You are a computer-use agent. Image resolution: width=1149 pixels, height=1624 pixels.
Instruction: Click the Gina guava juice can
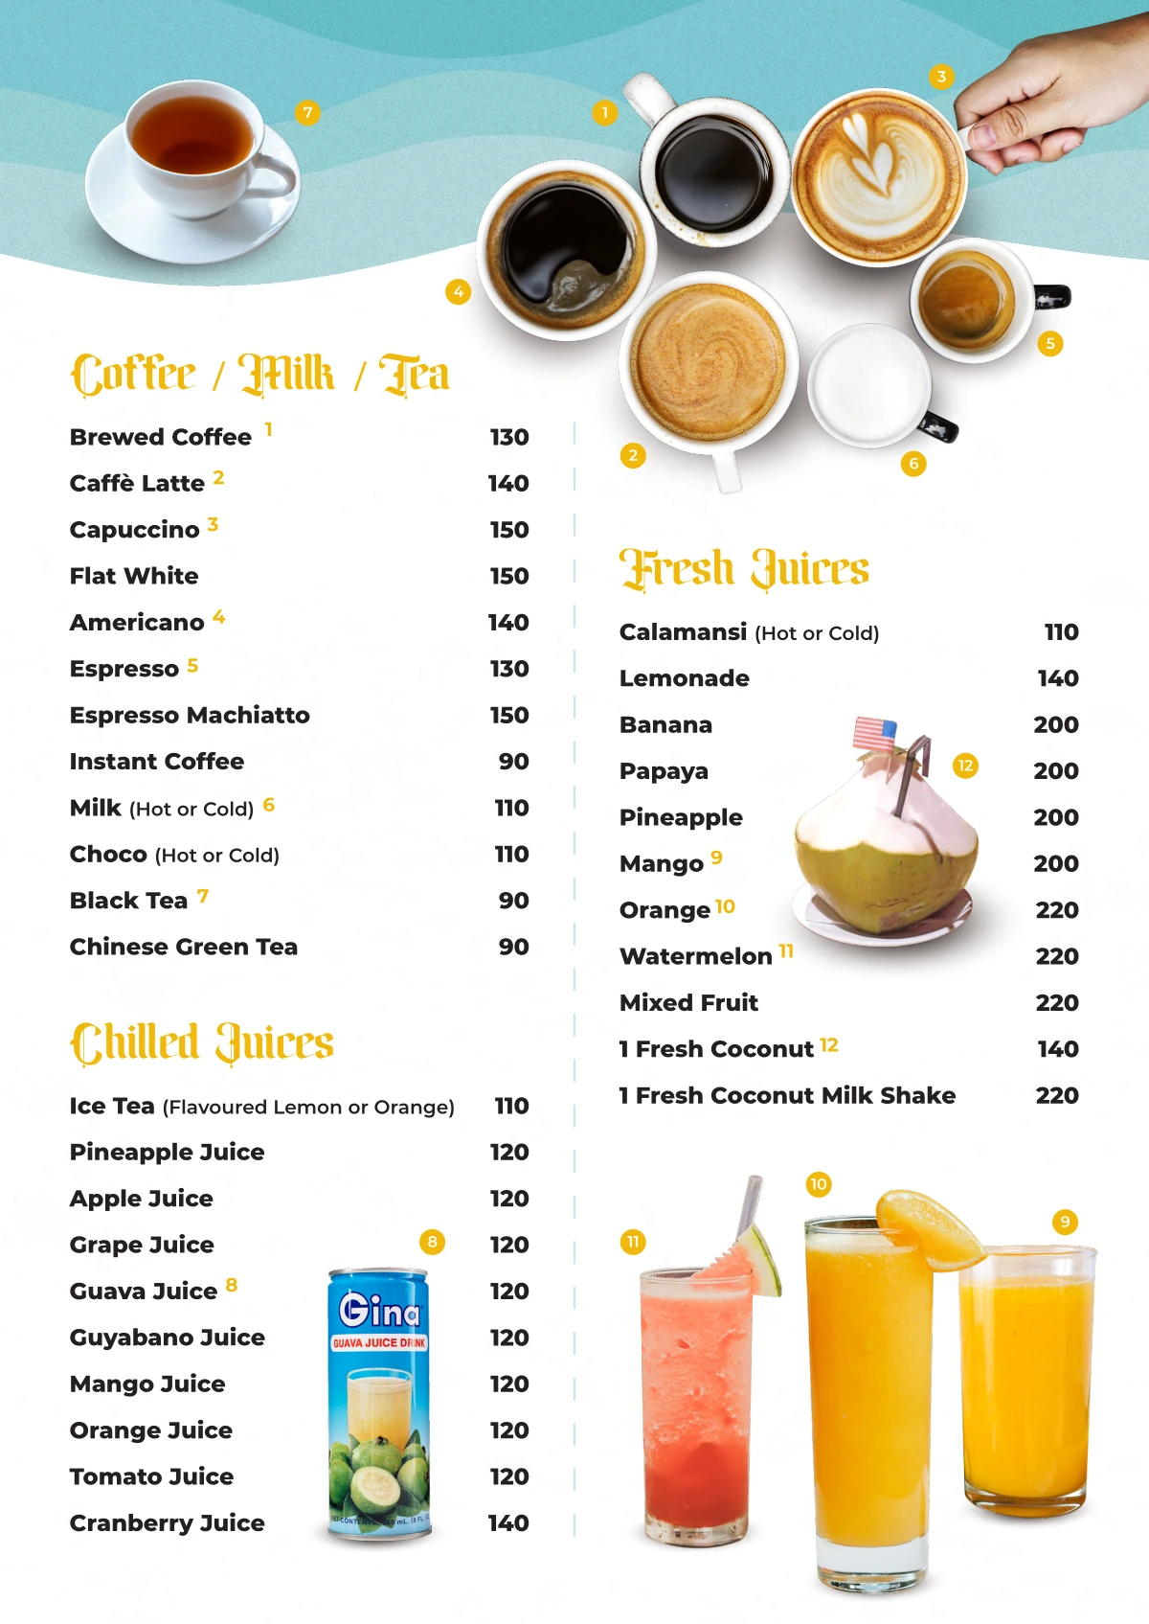coord(379,1404)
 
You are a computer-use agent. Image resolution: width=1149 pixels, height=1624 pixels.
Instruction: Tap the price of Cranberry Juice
coord(508,1522)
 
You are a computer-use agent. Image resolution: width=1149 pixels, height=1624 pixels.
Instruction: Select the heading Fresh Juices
coord(744,568)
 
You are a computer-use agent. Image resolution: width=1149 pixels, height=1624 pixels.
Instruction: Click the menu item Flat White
coord(134,576)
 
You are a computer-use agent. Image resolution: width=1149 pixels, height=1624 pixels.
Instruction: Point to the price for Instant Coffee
coord(513,762)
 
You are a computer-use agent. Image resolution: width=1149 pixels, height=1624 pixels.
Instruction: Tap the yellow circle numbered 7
coord(307,113)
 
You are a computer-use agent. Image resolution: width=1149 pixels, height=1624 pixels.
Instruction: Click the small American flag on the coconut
coord(873,734)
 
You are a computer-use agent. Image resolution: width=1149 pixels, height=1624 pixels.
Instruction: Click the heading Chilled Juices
coord(202,1043)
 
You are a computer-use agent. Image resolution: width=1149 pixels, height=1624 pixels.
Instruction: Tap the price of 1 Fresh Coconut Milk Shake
coord(1057,1095)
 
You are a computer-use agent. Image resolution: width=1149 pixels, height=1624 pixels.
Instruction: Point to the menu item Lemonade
coord(685,678)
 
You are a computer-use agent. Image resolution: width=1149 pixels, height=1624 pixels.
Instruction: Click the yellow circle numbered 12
coord(965,766)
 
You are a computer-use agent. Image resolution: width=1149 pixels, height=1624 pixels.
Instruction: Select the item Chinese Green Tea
coord(184,947)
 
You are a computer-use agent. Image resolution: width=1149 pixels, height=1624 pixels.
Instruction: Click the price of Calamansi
coord(1061,632)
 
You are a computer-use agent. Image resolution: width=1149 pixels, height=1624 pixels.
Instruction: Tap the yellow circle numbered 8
coord(432,1243)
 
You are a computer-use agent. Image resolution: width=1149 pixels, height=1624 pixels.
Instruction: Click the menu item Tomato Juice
coord(151,1476)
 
